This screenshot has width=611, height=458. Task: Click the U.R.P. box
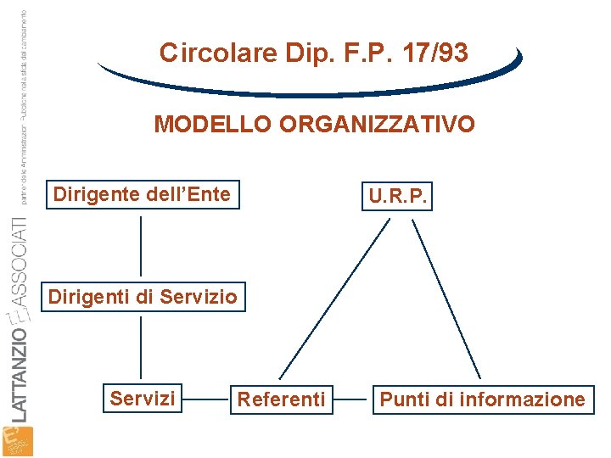coord(397,197)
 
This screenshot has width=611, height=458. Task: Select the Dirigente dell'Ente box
coord(142,195)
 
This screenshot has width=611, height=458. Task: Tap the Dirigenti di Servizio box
coord(143,298)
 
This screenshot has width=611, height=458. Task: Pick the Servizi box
coord(143,399)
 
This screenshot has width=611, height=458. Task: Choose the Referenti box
coord(281,399)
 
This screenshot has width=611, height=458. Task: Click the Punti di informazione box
coord(482,399)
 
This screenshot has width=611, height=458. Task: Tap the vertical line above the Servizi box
coord(141,348)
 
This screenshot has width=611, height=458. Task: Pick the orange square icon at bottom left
coord(18,442)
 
